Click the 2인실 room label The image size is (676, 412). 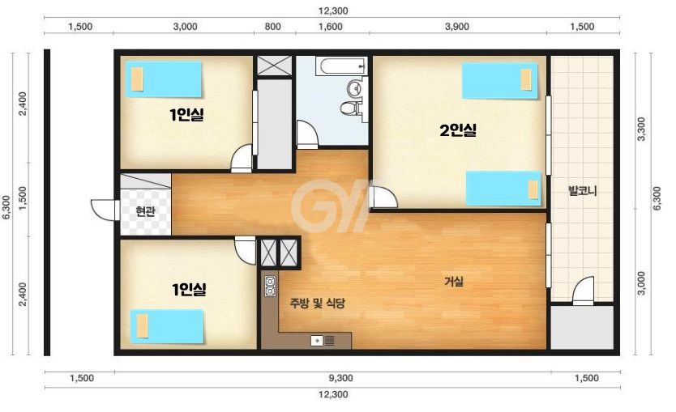click(x=458, y=130)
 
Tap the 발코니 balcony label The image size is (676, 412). click(x=583, y=191)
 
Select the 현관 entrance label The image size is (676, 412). click(x=145, y=211)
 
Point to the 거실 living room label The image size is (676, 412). click(x=454, y=282)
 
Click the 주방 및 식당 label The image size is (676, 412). click(x=317, y=304)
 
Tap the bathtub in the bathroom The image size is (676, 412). click(x=342, y=66)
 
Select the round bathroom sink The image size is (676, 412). click(x=356, y=88)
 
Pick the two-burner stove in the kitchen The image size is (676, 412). click(x=270, y=287)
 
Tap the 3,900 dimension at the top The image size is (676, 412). click(x=457, y=27)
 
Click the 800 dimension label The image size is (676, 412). click(x=272, y=27)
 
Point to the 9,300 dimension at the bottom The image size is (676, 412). click(x=340, y=378)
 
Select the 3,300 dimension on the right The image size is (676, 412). click(x=641, y=129)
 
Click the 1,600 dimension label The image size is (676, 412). click(x=330, y=27)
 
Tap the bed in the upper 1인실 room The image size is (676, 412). click(x=164, y=79)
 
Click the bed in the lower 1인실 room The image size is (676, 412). click(x=166, y=326)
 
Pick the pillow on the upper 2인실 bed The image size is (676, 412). click(x=526, y=79)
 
